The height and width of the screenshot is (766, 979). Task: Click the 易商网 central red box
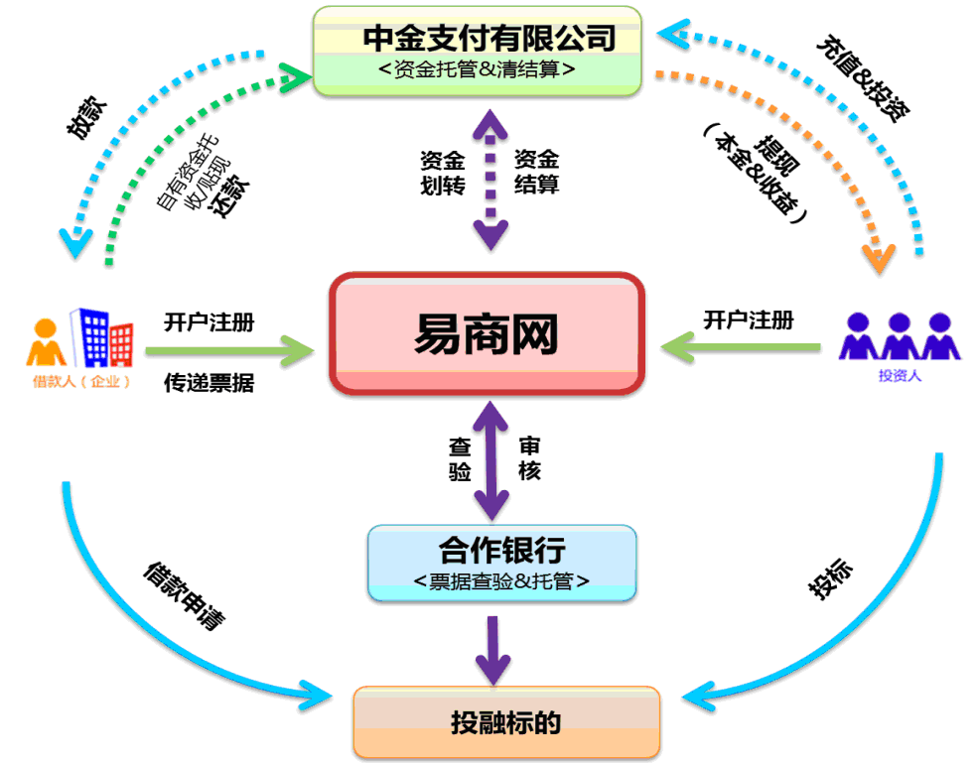(x=487, y=333)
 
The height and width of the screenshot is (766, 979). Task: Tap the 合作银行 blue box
(x=501, y=563)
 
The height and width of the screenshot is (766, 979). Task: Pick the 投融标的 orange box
(x=506, y=722)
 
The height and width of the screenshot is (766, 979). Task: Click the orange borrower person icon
(x=45, y=342)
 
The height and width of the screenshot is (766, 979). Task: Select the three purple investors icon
(x=900, y=335)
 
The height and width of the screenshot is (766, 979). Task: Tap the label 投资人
(x=900, y=375)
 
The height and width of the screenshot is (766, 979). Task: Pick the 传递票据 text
(x=209, y=383)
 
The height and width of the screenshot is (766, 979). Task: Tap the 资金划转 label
(x=443, y=173)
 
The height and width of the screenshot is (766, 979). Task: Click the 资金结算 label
(x=536, y=173)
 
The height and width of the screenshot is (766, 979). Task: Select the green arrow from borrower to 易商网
(x=228, y=350)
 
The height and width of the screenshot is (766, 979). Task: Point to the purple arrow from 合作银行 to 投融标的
(x=490, y=645)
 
